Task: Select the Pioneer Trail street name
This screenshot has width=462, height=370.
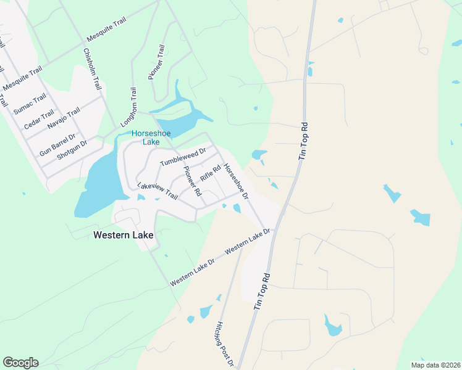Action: [156, 62]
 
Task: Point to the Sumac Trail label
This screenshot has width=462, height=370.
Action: [30, 104]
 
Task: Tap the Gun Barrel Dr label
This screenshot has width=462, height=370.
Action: [57, 144]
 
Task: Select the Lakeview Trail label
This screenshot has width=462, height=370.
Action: [157, 191]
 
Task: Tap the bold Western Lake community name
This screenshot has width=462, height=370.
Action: [123, 235]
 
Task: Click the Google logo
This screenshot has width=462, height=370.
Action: [20, 363]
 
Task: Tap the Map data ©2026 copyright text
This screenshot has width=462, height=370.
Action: [435, 365]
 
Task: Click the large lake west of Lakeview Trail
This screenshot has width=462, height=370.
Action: [99, 182]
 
